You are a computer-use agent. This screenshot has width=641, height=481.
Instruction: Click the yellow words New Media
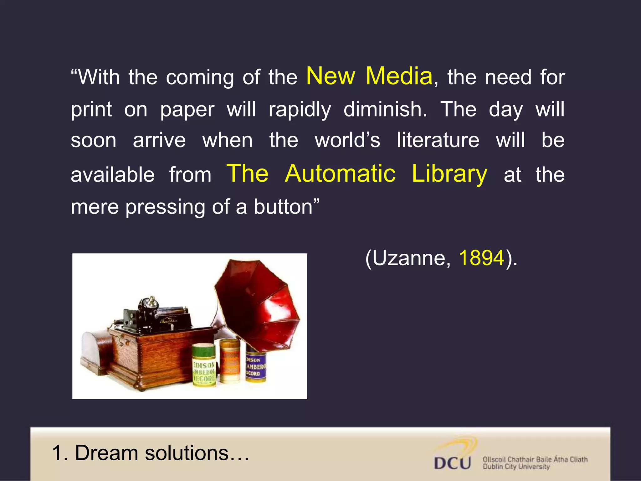(x=369, y=76)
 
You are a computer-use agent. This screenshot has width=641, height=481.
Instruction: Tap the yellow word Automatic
(x=340, y=173)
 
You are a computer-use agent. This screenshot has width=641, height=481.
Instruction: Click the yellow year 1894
(x=482, y=258)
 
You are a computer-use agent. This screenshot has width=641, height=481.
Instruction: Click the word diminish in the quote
(x=385, y=109)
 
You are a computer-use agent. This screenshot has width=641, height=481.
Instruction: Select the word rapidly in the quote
(x=300, y=109)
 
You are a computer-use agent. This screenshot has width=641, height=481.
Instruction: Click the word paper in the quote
(x=187, y=110)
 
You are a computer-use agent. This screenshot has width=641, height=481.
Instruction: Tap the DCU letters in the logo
(x=452, y=463)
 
